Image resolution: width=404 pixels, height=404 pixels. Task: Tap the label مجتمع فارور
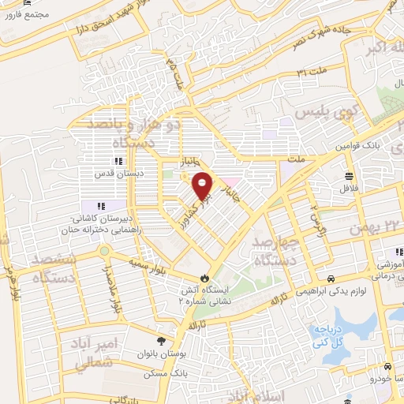pyautogui.click(x=28, y=15)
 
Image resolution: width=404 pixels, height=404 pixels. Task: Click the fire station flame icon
pyautogui.click(x=207, y=278)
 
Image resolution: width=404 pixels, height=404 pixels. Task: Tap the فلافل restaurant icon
pyautogui.click(x=349, y=175)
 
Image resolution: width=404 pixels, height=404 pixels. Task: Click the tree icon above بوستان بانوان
pyautogui.click(x=161, y=342)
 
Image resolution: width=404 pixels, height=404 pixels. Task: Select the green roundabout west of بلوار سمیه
pyautogui.click(x=103, y=251)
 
